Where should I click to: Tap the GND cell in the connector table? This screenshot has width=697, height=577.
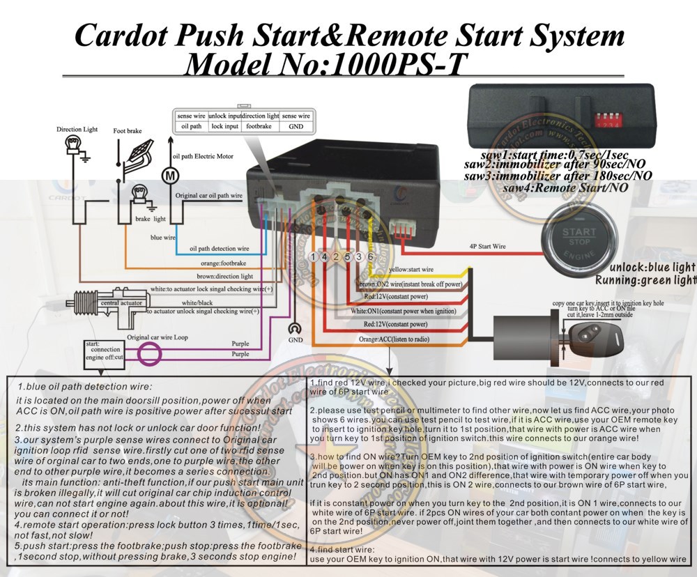pos(296,127)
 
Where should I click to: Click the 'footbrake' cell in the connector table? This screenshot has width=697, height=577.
pos(259,127)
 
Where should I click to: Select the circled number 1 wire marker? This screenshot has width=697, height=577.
pos(314,257)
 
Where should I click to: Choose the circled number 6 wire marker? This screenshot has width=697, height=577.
pos(369,257)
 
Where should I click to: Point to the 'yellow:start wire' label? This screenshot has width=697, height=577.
pos(411,270)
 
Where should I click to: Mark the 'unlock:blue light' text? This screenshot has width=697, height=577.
pos(652,267)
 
